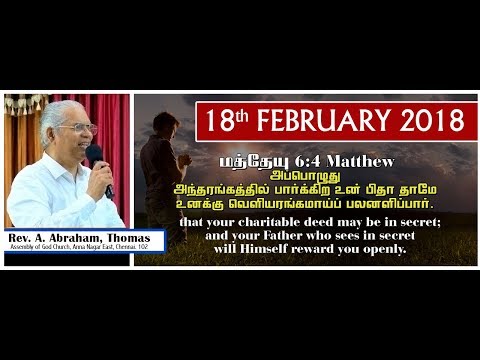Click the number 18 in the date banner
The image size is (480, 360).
click(218, 122)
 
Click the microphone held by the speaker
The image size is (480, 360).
click(97, 160)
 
